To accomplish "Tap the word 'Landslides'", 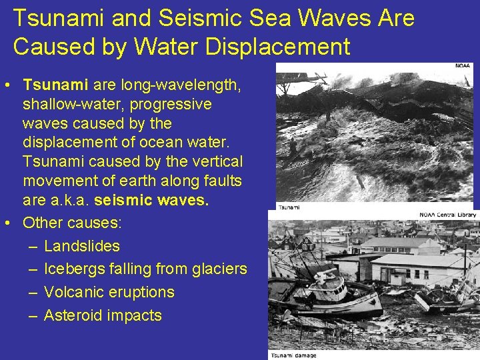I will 81,246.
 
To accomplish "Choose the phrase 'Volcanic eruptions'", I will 109,292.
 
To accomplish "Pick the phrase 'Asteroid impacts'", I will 102,315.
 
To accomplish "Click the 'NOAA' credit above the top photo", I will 463,66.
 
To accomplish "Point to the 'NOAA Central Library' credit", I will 447,215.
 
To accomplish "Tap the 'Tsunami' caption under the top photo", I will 289,207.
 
